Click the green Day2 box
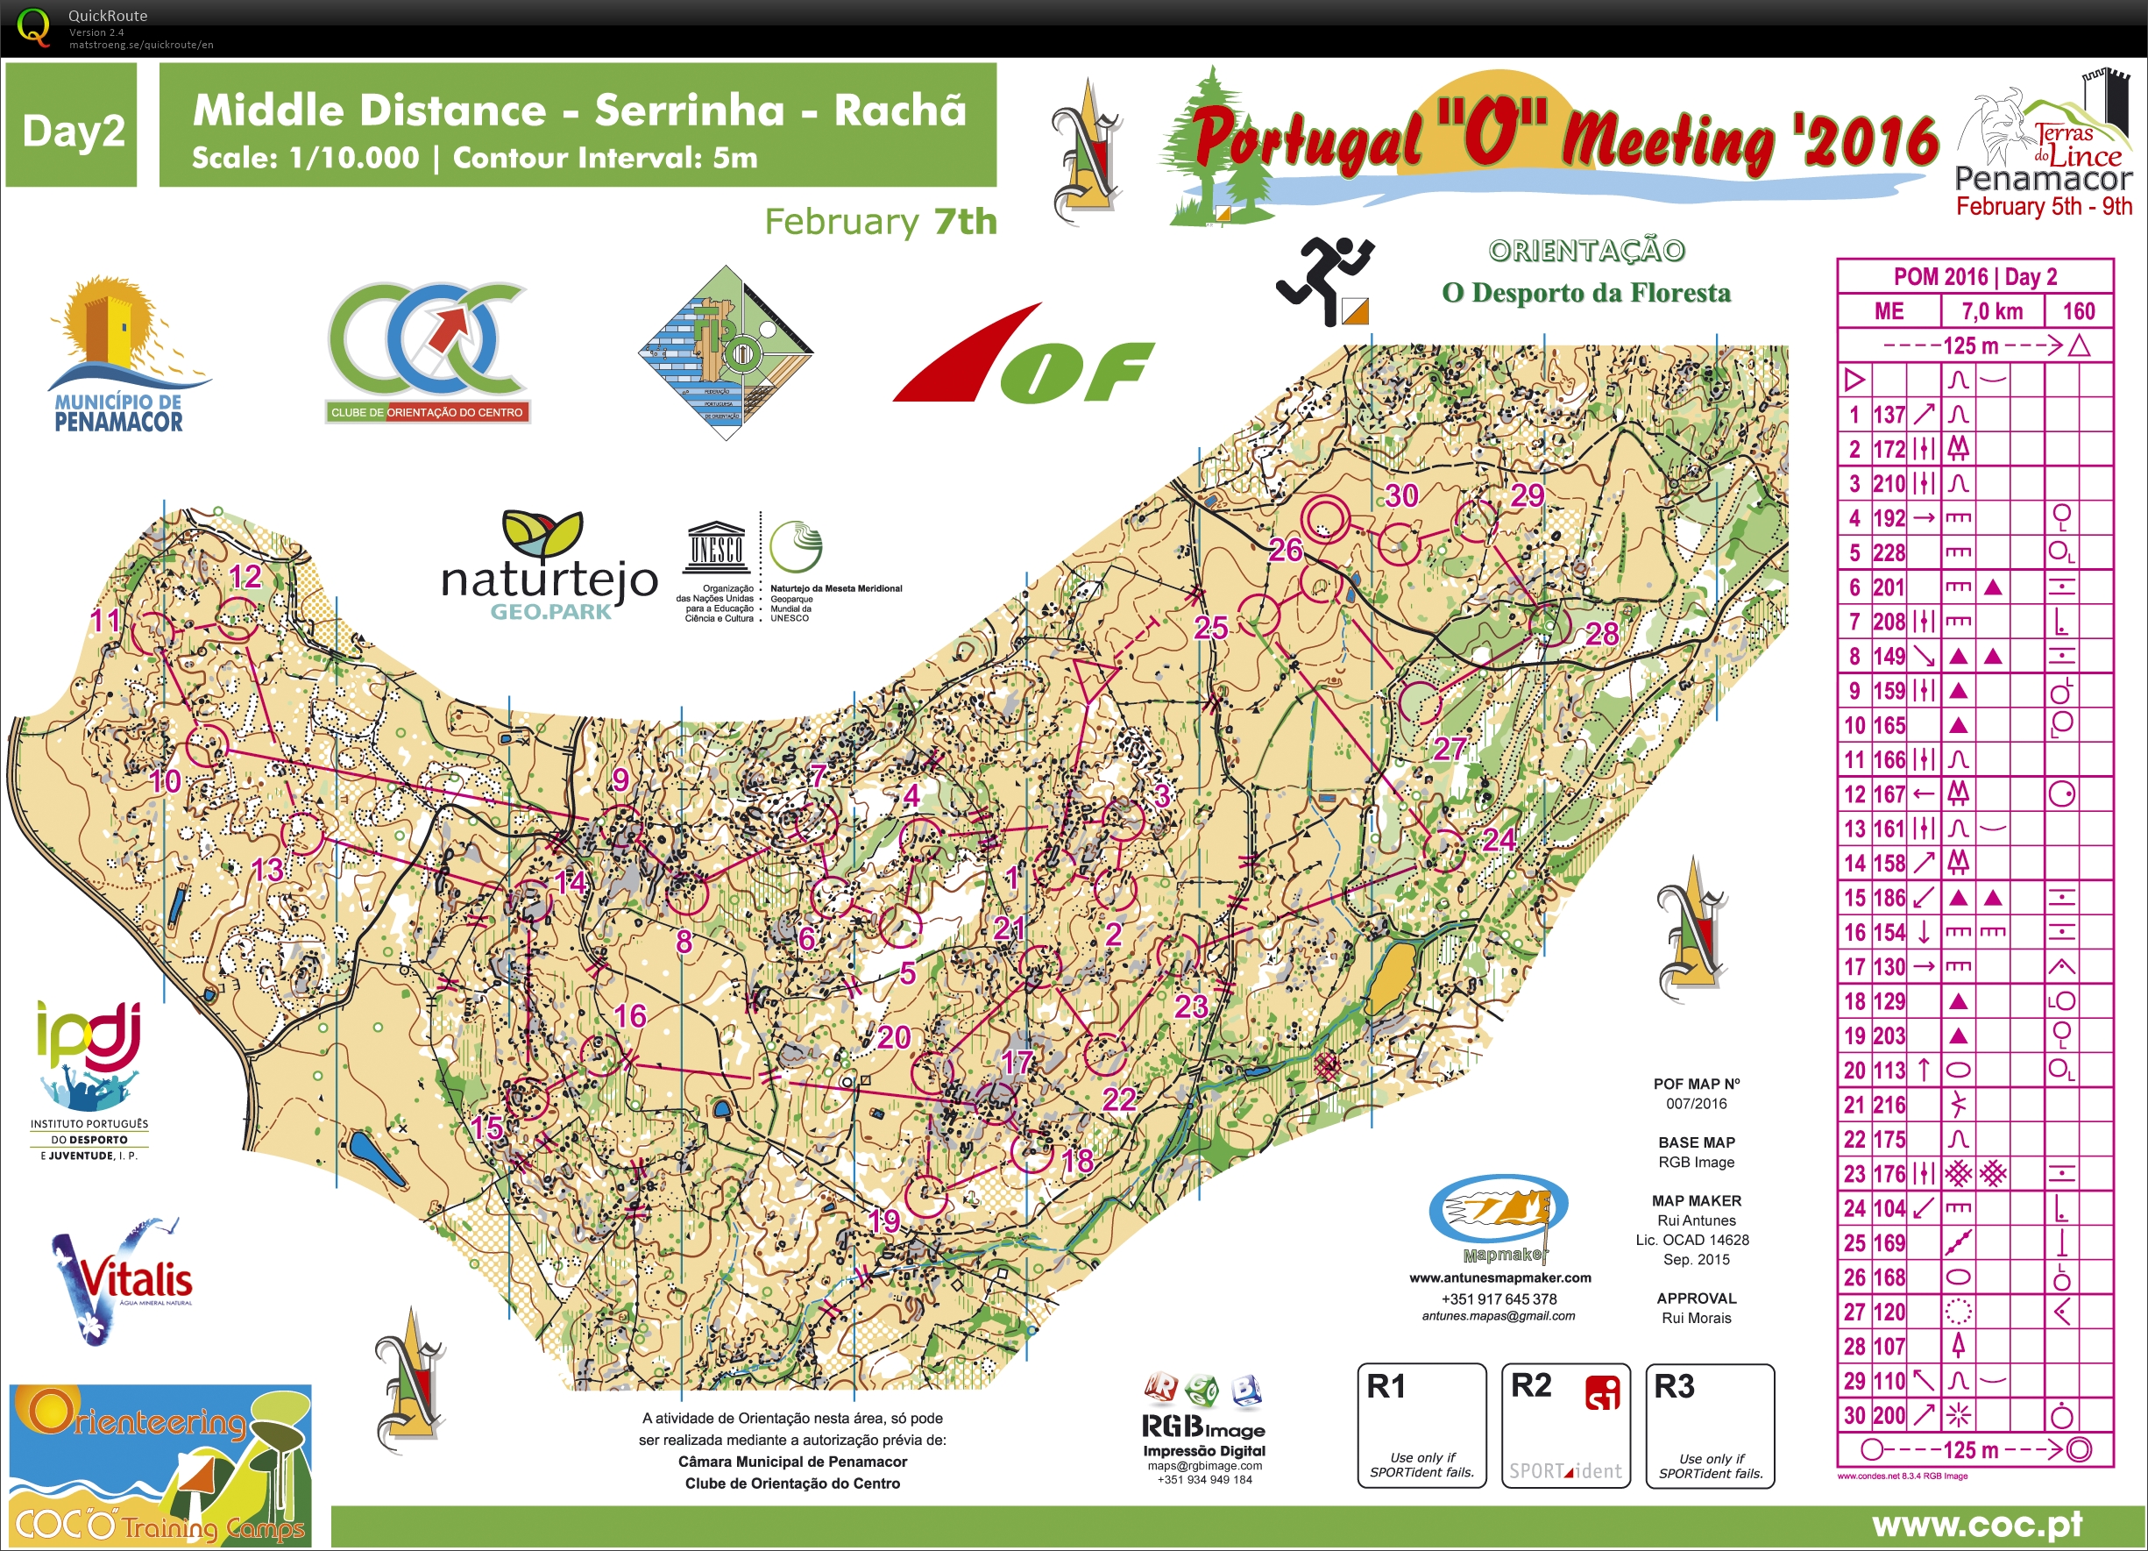click(72, 126)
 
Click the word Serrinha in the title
click(690, 110)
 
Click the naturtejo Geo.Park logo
click(549, 568)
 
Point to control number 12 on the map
click(237, 619)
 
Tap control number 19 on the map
click(926, 1196)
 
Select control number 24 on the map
click(1445, 850)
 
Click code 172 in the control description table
click(1889, 449)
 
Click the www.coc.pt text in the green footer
click(1976, 1525)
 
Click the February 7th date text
click(880, 222)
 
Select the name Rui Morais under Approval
click(1697, 1318)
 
